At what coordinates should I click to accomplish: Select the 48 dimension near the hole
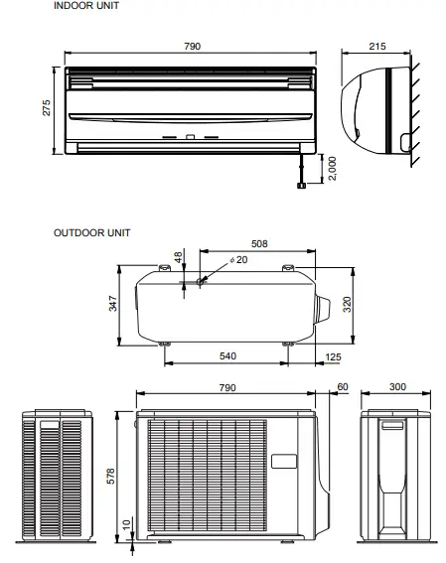pyautogui.click(x=179, y=257)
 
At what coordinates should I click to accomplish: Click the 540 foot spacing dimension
pyautogui.click(x=226, y=355)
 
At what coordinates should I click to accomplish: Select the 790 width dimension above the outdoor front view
pyautogui.click(x=226, y=388)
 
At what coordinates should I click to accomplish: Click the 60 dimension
pyautogui.click(x=344, y=388)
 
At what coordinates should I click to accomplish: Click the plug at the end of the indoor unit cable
pyautogui.click(x=297, y=185)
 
